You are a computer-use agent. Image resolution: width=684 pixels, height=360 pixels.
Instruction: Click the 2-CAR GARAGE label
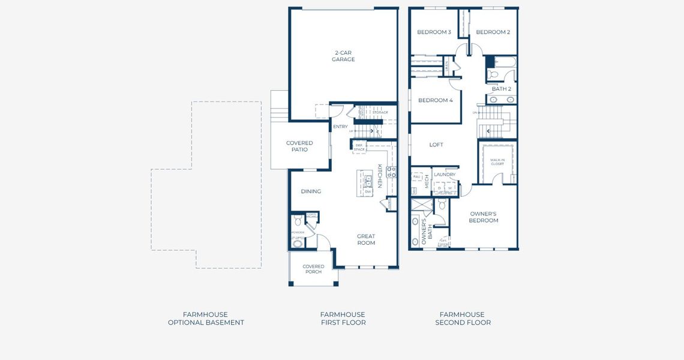coord(343,56)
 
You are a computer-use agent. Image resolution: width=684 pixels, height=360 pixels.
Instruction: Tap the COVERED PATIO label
coord(299,146)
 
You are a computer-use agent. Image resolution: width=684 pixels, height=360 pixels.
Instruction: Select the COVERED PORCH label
coord(313,269)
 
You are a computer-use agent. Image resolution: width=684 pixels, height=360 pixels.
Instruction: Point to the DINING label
coord(311,191)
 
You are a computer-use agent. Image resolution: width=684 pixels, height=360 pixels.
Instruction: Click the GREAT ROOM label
coord(366,239)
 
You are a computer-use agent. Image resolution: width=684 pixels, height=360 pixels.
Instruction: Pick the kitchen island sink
coord(368,181)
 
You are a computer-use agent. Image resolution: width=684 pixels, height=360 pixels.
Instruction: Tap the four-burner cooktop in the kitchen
coord(391,172)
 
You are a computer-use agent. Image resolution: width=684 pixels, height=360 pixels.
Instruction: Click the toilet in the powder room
coord(298,222)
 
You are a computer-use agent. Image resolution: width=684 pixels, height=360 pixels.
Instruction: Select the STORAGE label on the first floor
coord(380,112)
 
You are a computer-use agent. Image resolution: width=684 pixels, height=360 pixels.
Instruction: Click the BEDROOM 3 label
coord(434,32)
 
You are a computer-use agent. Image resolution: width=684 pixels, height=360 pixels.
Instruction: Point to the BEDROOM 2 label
coord(493,32)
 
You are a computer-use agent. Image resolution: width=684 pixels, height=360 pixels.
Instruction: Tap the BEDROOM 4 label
coord(435,100)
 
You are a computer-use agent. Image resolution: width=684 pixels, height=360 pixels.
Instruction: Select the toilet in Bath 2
coord(493,75)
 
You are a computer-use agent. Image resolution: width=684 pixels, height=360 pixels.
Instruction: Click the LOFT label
coord(436,145)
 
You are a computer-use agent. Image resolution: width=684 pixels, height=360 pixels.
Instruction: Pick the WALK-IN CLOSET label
coord(497,161)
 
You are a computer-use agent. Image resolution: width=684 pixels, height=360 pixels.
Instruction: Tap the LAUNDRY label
coord(445,175)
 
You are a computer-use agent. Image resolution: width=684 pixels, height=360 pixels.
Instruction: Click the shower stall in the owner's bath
coord(421,205)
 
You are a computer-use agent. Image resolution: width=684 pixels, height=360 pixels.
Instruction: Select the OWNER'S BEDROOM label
coord(484,217)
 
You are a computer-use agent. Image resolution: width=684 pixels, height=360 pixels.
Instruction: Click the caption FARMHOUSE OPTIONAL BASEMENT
coord(206,319)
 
